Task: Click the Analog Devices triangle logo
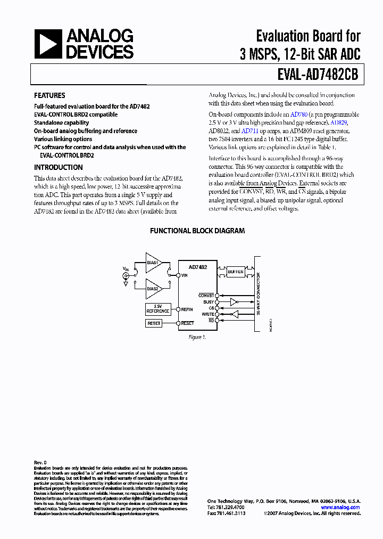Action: tap(48, 44)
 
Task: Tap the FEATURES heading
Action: tap(49, 96)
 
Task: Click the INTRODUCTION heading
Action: tap(58, 167)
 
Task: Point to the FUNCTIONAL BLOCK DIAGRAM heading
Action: tap(197, 231)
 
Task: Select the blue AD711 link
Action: tap(249, 131)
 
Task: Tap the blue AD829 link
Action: tap(353, 123)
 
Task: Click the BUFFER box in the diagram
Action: tap(236, 272)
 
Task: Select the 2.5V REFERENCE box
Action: tap(157, 309)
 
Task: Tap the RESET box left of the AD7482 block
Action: tap(154, 323)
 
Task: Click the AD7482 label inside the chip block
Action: tap(198, 267)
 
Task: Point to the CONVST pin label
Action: tap(206, 295)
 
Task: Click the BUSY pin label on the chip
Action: tap(209, 302)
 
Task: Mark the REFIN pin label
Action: tap(187, 309)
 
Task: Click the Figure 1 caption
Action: tap(197, 337)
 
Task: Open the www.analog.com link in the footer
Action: tap(340, 508)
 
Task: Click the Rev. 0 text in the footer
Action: tap(40, 463)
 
